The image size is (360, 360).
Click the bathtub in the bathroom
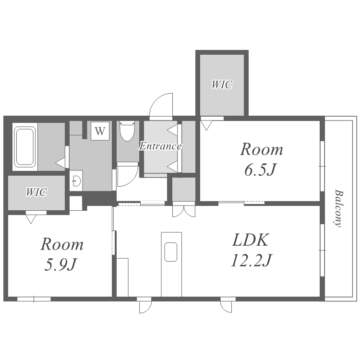[x=25, y=147]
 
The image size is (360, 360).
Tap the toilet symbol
[x=127, y=131]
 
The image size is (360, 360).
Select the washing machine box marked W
[x=100, y=131]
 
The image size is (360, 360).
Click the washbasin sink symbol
[x=76, y=180]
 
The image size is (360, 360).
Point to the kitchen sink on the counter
[x=171, y=252]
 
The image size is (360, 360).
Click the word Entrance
[x=160, y=146]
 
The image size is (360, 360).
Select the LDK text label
[x=250, y=240]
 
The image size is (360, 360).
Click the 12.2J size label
[x=251, y=261]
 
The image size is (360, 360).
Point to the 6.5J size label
[x=260, y=170]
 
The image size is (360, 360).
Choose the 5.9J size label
[x=60, y=265]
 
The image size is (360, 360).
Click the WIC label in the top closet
[x=222, y=84]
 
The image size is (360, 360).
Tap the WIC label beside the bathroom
[x=36, y=192]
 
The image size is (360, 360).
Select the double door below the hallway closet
[x=184, y=211]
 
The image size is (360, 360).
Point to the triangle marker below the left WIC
[x=31, y=219]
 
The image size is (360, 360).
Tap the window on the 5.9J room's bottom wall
[x=34, y=299]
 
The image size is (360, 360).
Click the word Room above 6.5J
[x=262, y=149]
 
